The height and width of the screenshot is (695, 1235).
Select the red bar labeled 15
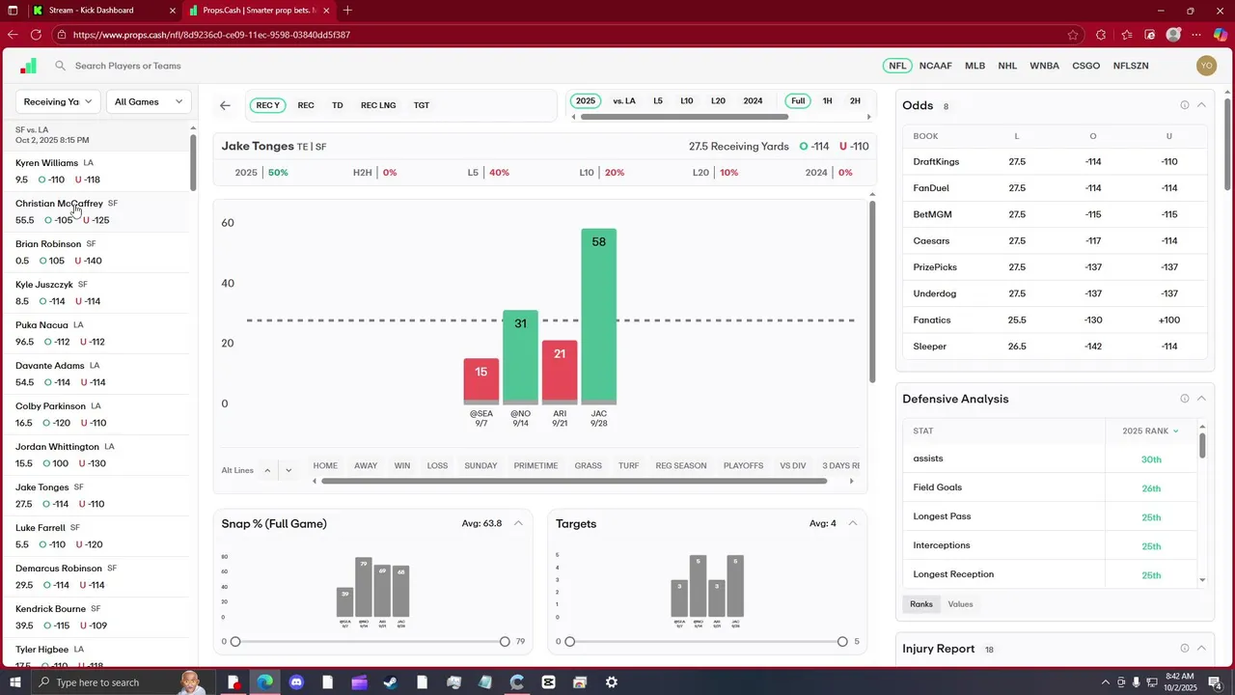click(480, 380)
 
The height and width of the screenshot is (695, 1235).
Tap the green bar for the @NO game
click(520, 356)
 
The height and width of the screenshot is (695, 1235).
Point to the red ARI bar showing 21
click(560, 372)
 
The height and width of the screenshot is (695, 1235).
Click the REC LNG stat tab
click(378, 104)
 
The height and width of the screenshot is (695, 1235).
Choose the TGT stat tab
click(422, 104)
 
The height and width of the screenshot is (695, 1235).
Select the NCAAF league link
click(935, 66)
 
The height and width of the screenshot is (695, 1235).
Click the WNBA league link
click(1044, 66)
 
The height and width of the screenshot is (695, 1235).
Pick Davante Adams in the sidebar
click(49, 366)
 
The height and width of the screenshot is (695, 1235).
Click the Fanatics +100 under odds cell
click(1168, 320)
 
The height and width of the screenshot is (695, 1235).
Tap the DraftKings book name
click(936, 162)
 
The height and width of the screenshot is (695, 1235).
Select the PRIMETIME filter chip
click(535, 465)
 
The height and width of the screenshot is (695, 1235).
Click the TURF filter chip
click(628, 465)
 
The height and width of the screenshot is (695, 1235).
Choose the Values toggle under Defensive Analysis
click(960, 604)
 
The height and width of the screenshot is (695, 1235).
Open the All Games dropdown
click(149, 101)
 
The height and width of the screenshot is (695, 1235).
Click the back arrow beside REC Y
click(225, 105)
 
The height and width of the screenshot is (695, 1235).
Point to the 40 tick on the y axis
click(228, 283)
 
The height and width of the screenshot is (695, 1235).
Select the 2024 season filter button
click(753, 101)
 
